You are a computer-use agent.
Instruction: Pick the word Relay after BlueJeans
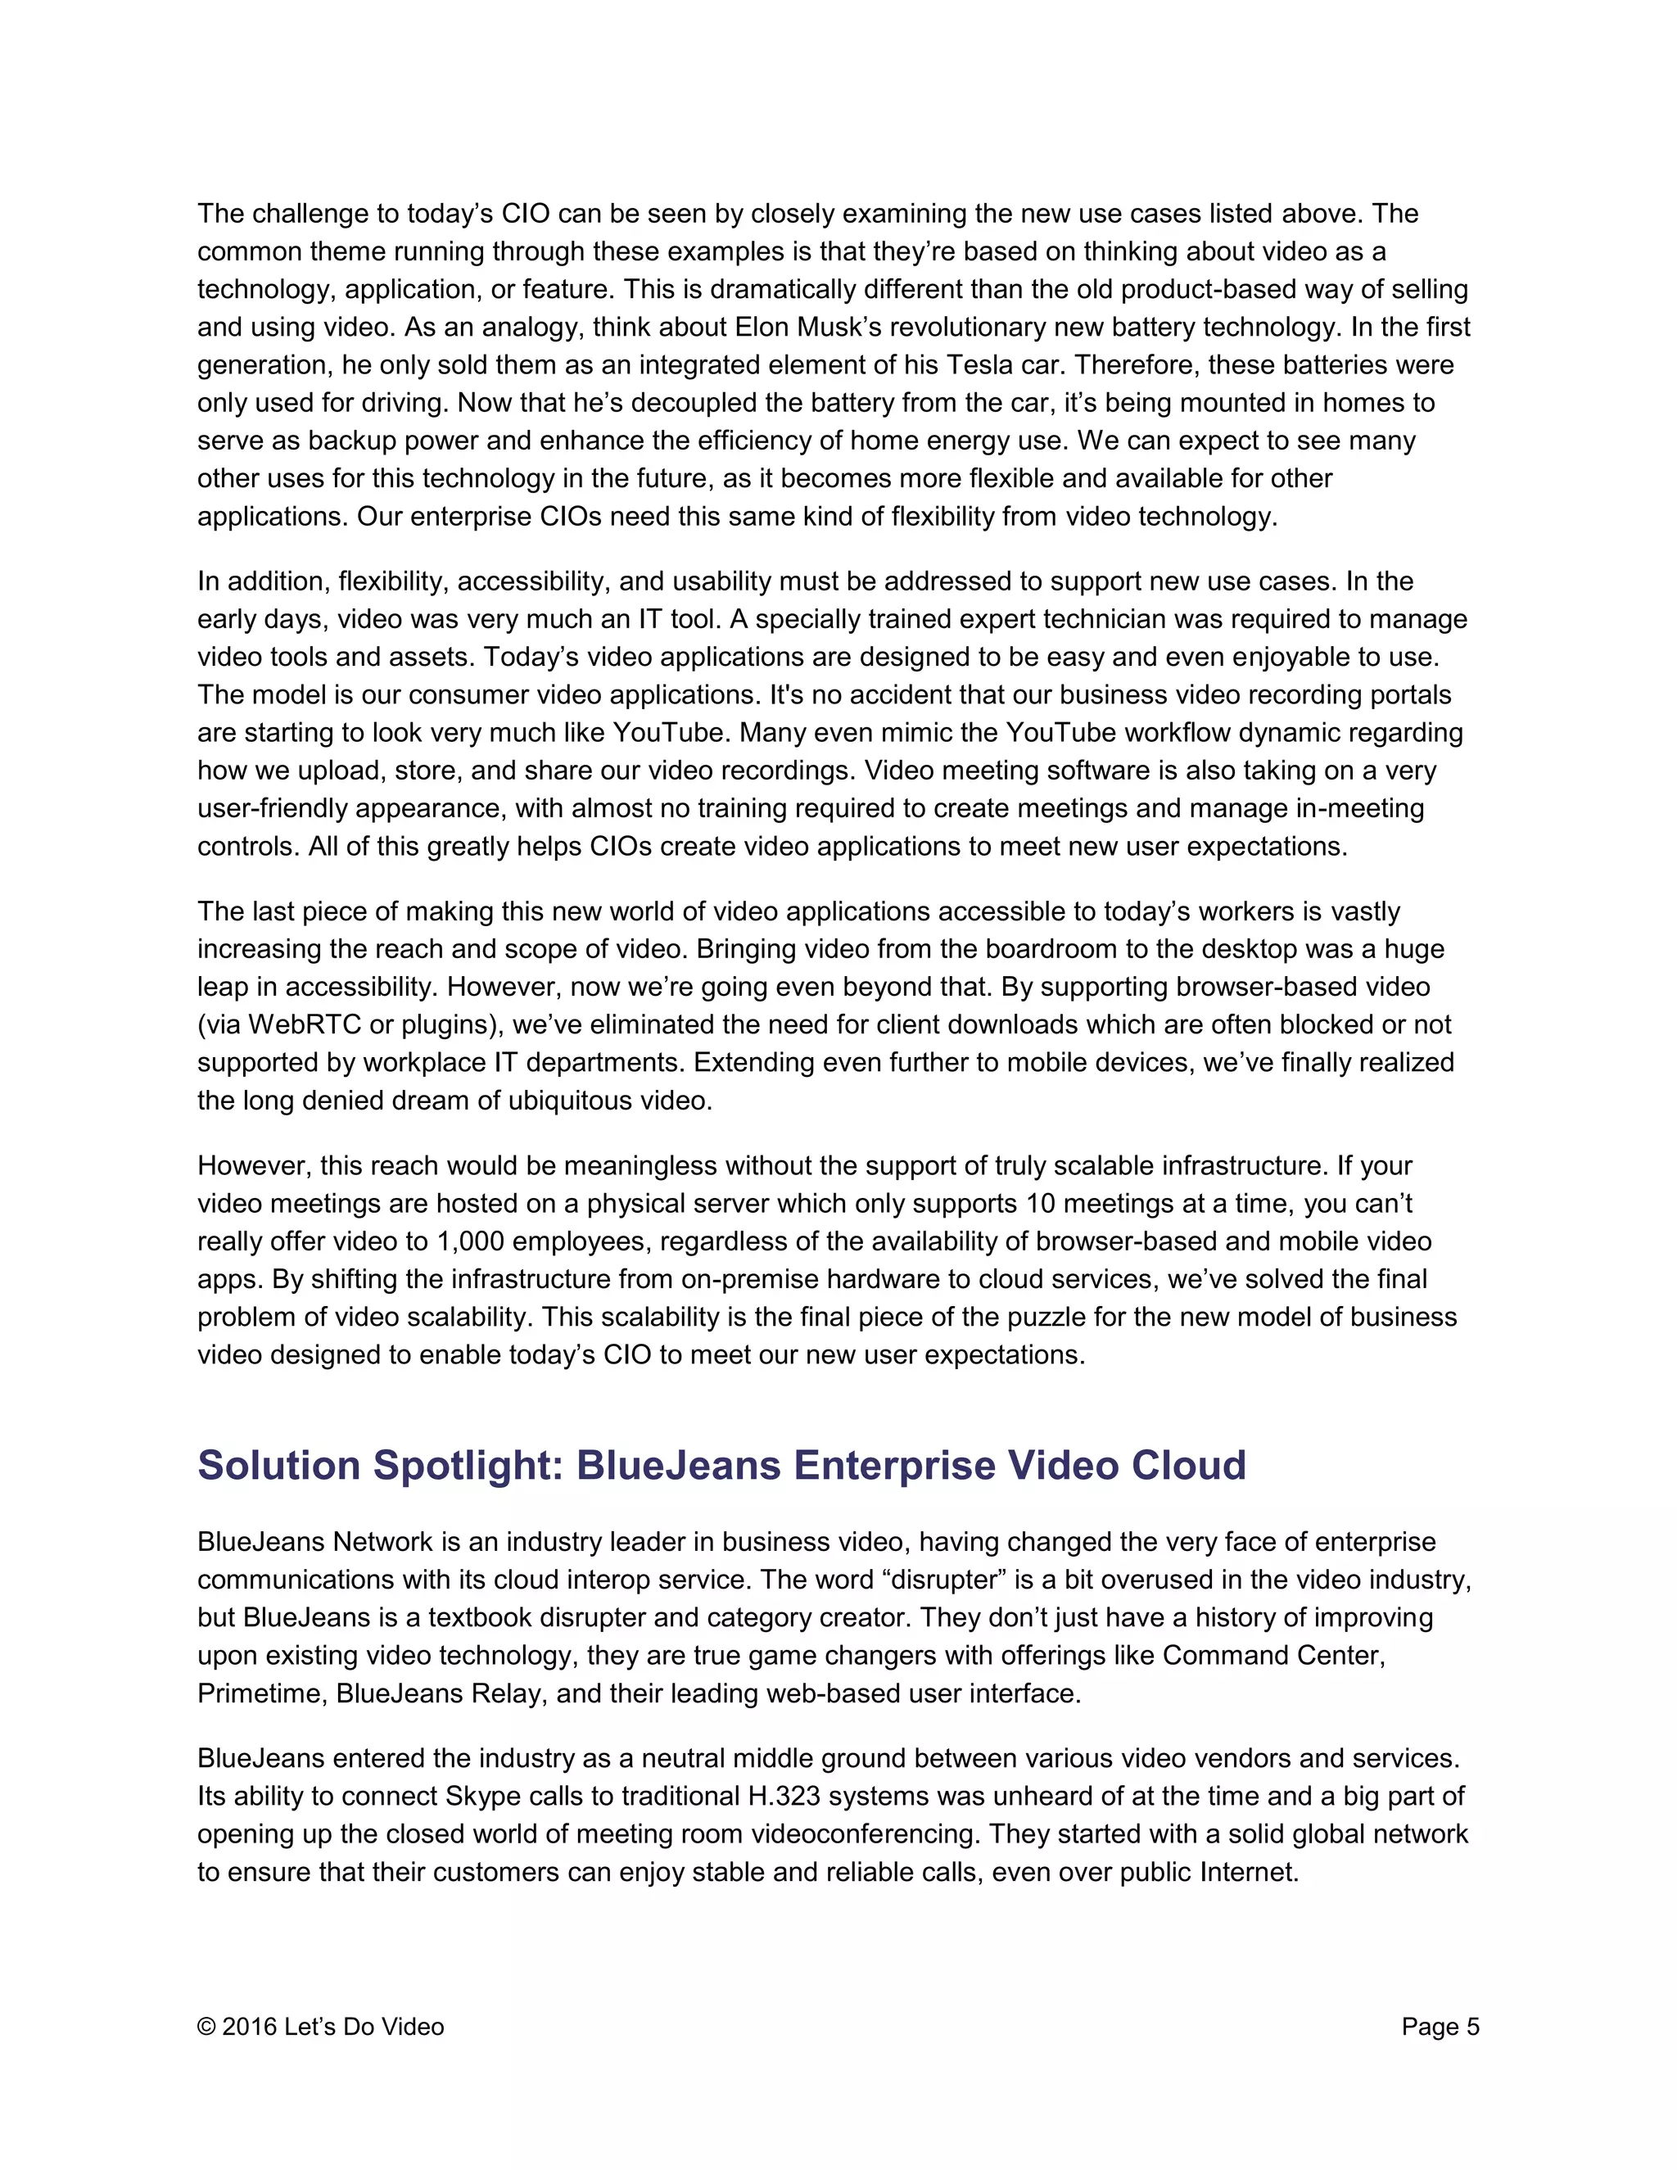pyautogui.click(x=507, y=1693)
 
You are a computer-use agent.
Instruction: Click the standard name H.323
pyautogui.click(x=784, y=1797)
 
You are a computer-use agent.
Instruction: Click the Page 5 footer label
pyautogui.click(x=1440, y=2027)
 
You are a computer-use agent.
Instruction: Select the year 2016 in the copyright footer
pyautogui.click(x=250, y=2027)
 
